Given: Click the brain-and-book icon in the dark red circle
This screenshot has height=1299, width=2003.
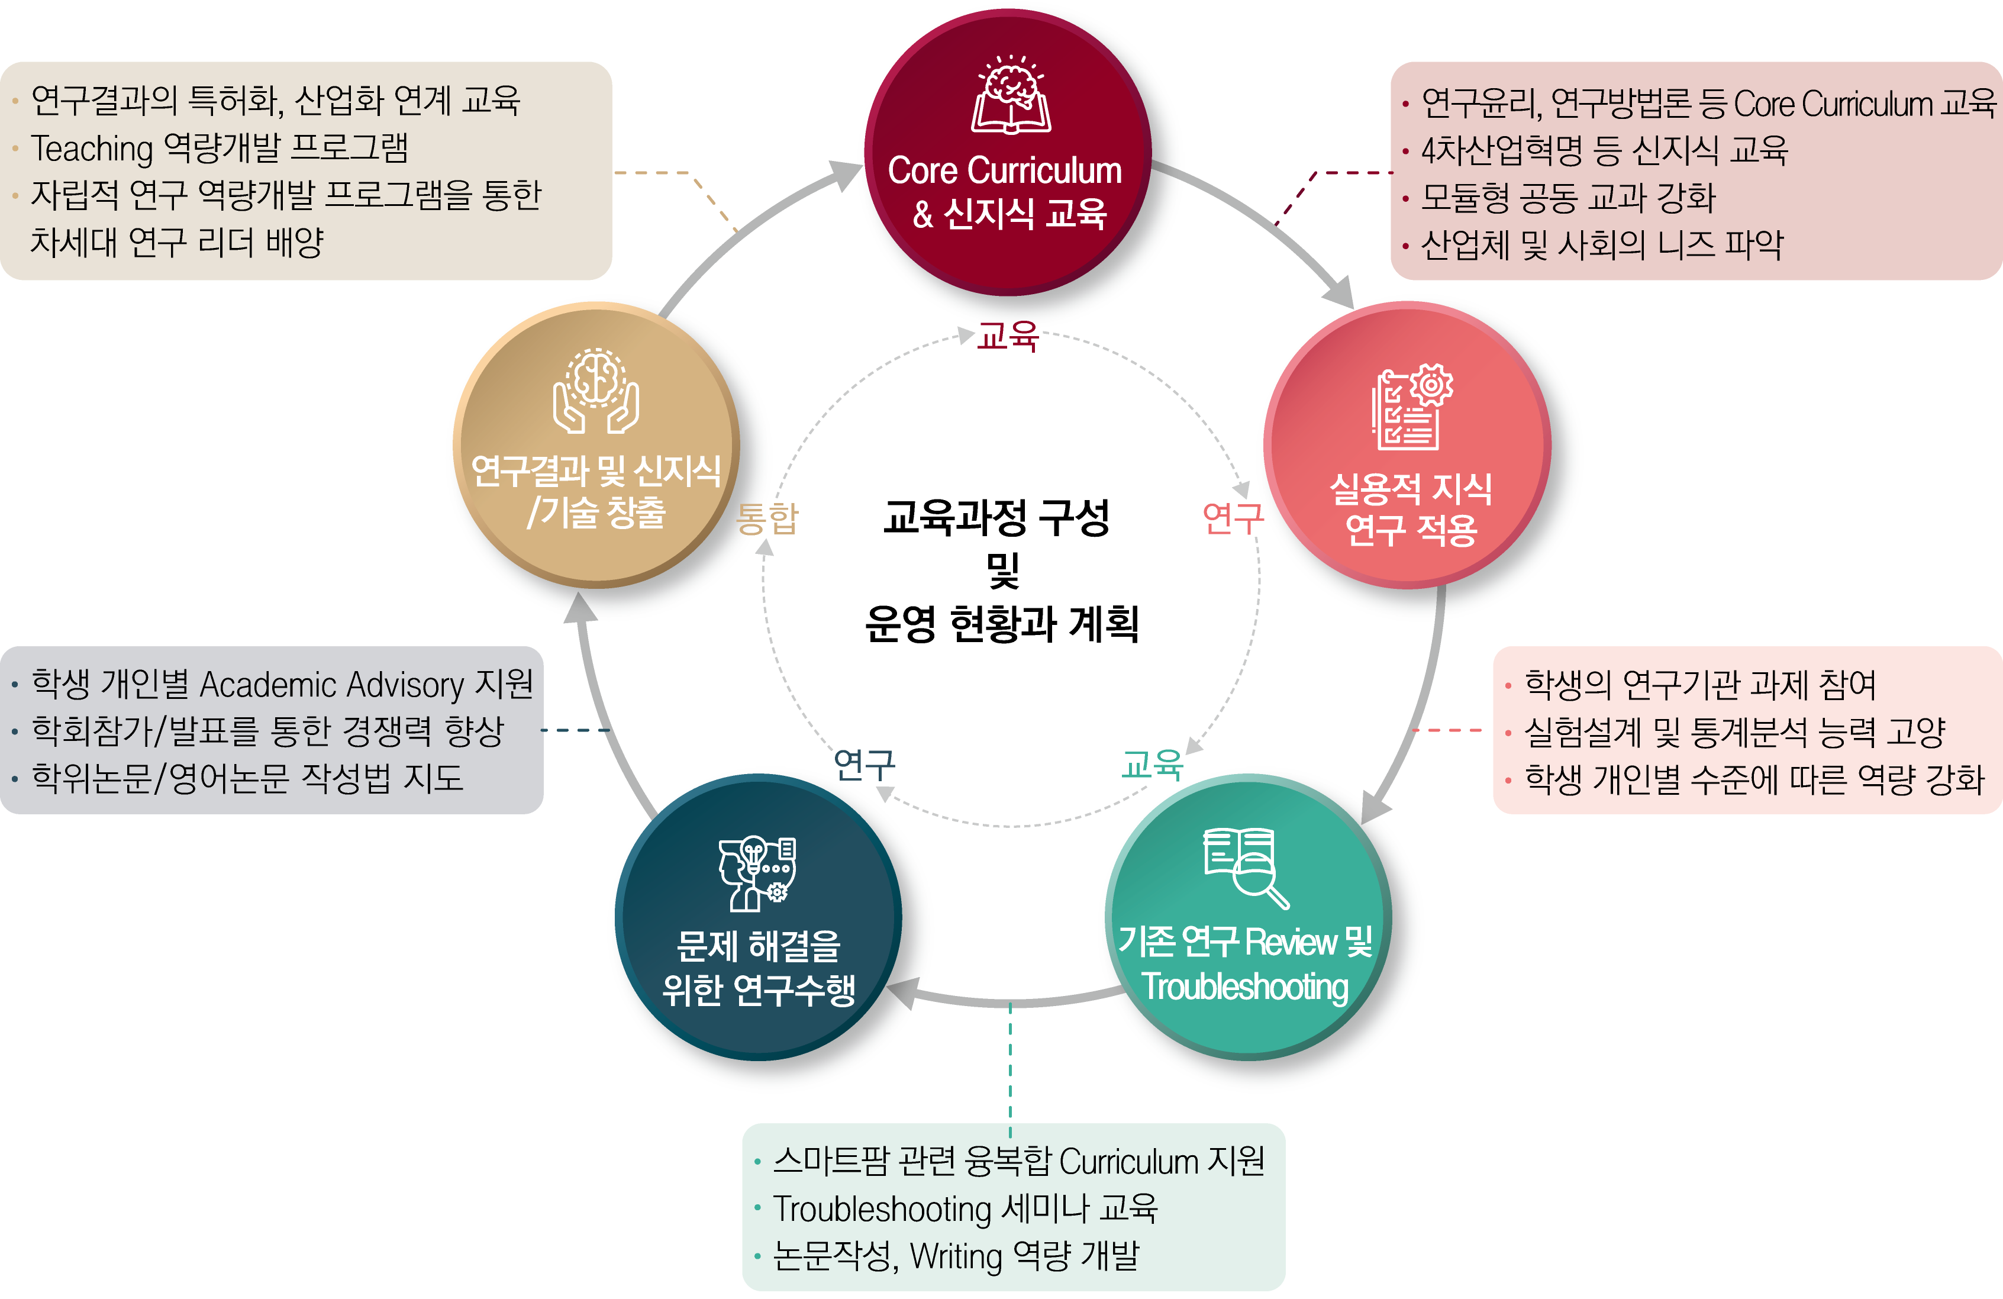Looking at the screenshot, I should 1010,95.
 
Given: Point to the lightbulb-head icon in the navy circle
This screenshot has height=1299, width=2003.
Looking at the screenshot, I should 757,873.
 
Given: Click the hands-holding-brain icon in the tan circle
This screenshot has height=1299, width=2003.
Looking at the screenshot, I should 596,391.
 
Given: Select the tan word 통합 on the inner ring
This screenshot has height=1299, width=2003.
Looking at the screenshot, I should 767,518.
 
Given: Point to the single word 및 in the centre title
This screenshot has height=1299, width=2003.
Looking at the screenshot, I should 1002,570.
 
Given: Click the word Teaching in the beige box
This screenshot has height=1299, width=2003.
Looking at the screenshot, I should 92,148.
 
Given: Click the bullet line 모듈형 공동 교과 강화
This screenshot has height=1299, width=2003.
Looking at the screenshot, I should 1567,198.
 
